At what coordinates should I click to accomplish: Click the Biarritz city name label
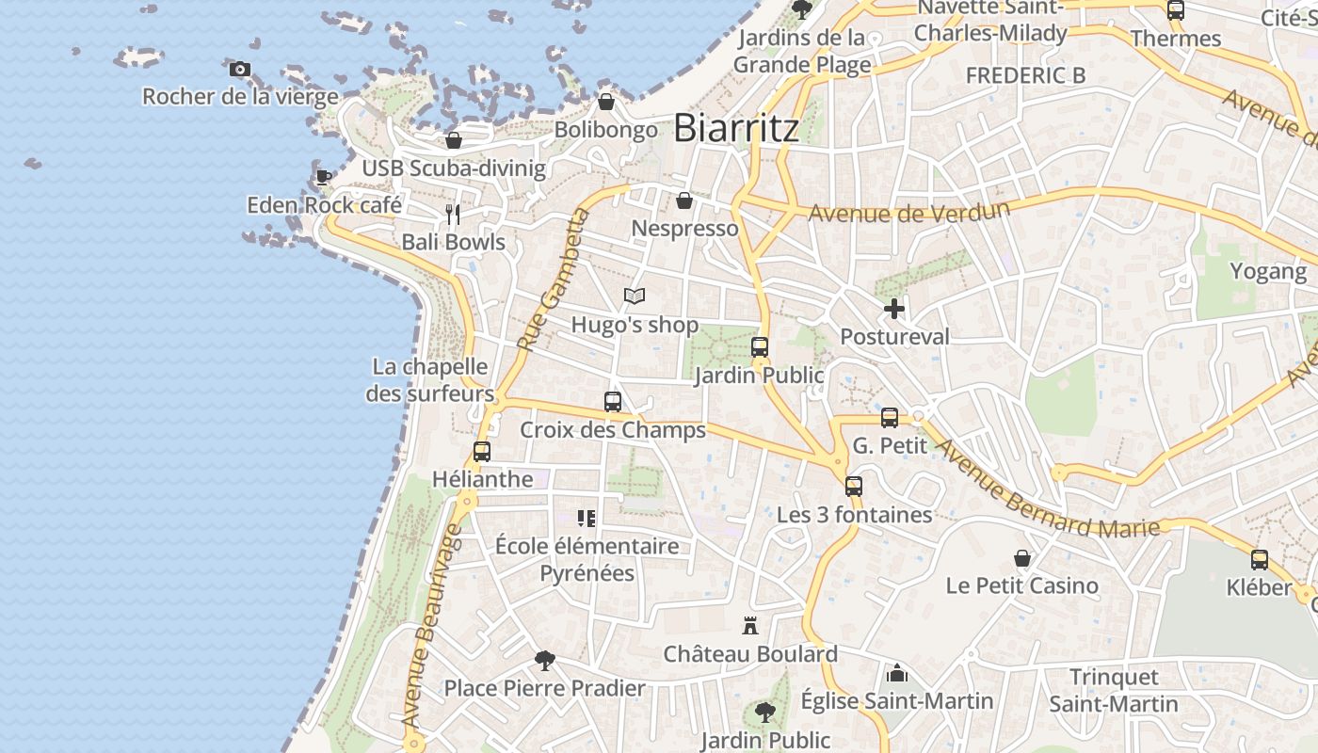736,128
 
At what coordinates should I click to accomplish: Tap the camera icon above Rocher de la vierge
240,69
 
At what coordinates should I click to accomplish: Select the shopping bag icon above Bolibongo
606,102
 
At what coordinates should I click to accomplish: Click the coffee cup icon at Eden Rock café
323,177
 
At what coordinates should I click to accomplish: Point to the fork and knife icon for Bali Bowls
453,215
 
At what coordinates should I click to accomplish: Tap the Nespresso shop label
684,229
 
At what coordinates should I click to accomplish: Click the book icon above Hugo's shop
635,296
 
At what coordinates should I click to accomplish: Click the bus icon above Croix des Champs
613,402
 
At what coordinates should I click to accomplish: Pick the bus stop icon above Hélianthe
482,451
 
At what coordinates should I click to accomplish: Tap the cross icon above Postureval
894,308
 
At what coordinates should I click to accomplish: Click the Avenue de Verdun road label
908,212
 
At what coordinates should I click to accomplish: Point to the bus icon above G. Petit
890,417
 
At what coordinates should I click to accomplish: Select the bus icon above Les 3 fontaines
854,486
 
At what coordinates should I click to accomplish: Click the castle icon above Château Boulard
750,625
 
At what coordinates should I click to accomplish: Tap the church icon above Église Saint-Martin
897,673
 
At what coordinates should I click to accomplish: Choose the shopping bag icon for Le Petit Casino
1022,558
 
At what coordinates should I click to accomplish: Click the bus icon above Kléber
1260,560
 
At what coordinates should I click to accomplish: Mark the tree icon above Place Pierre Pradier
544,660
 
